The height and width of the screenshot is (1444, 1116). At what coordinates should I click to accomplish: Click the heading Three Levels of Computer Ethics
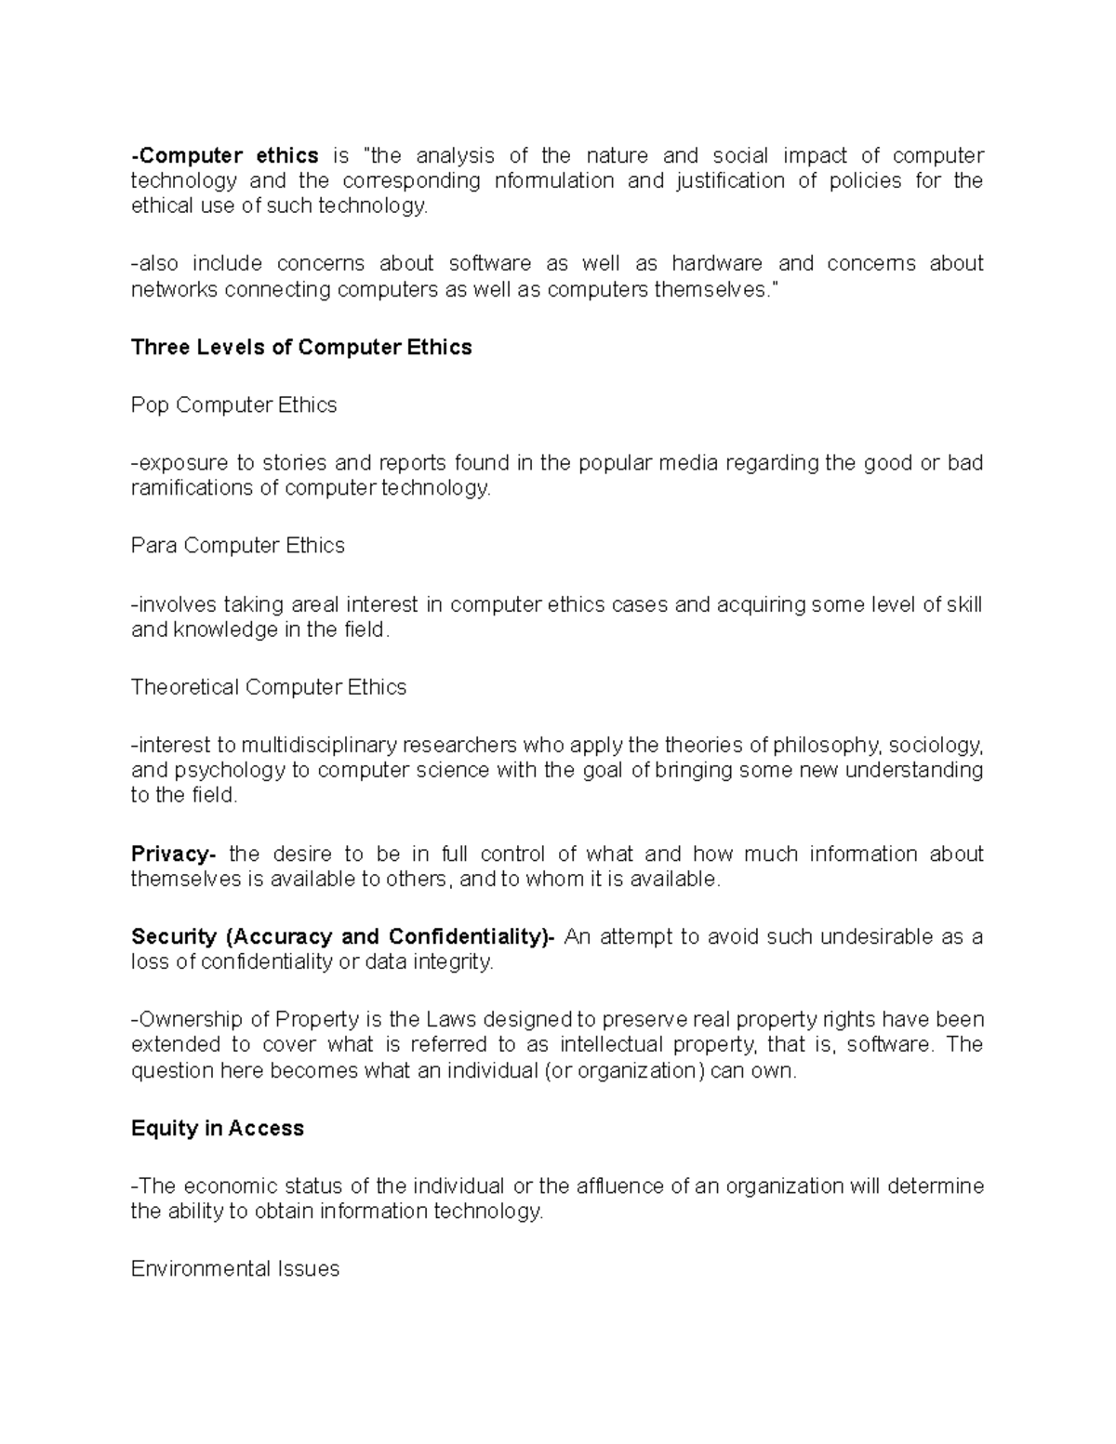(301, 348)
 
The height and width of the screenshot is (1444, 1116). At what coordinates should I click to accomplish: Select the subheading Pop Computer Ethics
(233, 405)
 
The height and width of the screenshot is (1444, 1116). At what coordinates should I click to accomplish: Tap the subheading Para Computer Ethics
(237, 546)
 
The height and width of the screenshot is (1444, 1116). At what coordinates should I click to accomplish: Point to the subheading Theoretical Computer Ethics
(269, 687)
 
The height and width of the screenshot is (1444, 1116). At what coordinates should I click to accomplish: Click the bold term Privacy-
(173, 854)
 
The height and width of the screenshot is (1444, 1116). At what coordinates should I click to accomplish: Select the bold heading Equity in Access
(218, 1128)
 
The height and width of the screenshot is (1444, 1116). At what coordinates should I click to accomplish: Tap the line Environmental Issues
(235, 1268)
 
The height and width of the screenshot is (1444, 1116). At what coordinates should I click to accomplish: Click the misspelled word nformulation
(554, 180)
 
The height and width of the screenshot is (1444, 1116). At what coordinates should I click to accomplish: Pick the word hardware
(717, 264)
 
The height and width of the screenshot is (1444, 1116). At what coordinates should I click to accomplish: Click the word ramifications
(193, 488)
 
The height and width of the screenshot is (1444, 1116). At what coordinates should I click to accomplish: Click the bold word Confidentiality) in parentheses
(469, 936)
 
